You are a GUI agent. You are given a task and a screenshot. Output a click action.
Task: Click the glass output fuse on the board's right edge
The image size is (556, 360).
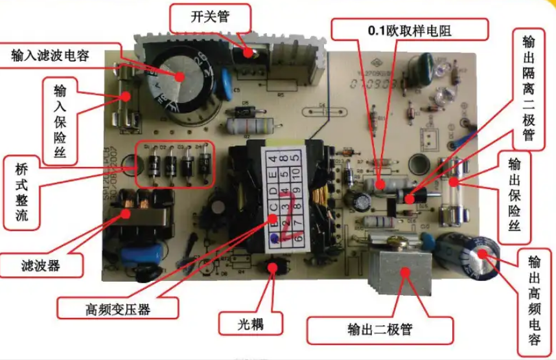click(x=452, y=188)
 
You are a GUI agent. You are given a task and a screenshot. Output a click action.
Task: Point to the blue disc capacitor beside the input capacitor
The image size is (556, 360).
click(x=224, y=88)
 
